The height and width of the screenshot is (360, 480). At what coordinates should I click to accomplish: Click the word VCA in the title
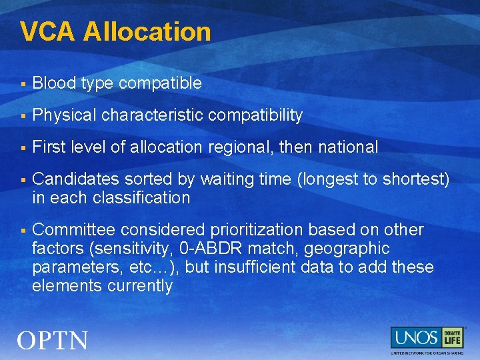tap(48, 31)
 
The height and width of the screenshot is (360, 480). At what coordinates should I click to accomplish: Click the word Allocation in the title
tap(147, 31)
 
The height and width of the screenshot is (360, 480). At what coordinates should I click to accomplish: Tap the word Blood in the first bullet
tap(53, 83)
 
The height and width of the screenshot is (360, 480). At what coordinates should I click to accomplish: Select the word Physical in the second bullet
tap(64, 115)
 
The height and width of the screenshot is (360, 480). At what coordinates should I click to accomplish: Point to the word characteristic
tap(153, 115)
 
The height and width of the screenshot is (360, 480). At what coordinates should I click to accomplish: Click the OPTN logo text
tap(53, 341)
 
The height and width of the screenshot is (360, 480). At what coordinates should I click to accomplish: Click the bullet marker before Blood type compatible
tap(23, 84)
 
